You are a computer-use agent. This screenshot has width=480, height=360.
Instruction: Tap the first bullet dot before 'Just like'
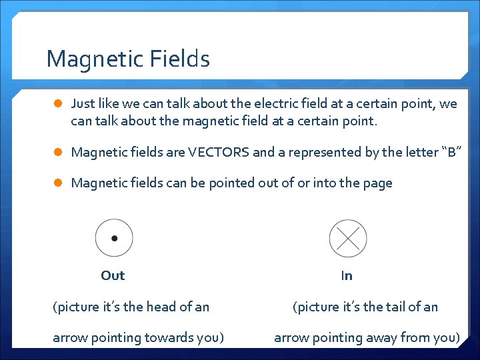click(x=58, y=104)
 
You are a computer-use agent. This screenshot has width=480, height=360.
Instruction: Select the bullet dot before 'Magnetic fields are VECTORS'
click(x=58, y=152)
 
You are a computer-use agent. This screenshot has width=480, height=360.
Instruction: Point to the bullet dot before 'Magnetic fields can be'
click(x=58, y=183)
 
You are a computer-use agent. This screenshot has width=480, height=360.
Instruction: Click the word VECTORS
click(x=219, y=152)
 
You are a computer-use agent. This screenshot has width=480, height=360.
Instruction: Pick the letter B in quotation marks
click(x=451, y=152)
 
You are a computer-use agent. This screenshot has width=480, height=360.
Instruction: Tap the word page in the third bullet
click(x=377, y=183)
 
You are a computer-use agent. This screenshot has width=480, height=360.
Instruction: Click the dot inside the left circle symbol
click(x=114, y=238)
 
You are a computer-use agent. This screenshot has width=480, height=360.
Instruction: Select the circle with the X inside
click(x=348, y=238)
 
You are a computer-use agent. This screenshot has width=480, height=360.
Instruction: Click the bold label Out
click(x=113, y=275)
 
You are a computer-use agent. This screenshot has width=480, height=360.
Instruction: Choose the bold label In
click(x=347, y=275)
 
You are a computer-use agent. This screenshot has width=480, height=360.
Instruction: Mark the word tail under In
click(x=392, y=307)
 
